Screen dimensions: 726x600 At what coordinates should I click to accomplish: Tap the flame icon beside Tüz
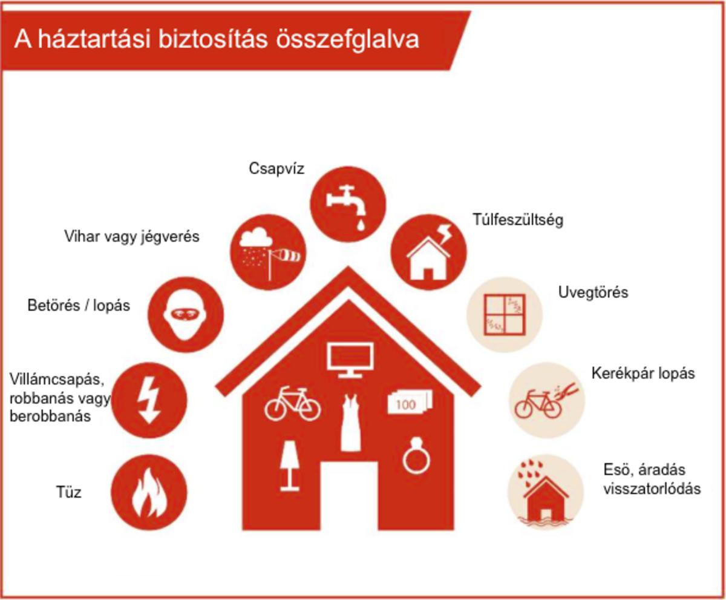[x=149, y=493]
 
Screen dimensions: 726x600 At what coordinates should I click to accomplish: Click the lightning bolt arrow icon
[x=149, y=400]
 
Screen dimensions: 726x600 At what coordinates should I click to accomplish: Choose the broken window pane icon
[x=505, y=315]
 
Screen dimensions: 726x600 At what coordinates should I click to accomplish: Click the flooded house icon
[x=545, y=493]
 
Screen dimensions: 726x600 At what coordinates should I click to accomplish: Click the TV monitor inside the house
[x=350, y=360]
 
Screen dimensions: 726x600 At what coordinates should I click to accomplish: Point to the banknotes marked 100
[x=410, y=403]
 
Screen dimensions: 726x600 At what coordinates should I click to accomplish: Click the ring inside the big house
[x=416, y=455]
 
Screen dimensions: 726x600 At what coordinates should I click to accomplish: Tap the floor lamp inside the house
[x=290, y=466]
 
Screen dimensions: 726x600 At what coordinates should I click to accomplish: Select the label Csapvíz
[x=276, y=169]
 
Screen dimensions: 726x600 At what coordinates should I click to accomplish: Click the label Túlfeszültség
[x=518, y=220]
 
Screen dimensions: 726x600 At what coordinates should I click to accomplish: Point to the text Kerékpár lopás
[x=643, y=374]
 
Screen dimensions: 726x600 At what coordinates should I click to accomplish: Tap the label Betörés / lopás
[x=79, y=305]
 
